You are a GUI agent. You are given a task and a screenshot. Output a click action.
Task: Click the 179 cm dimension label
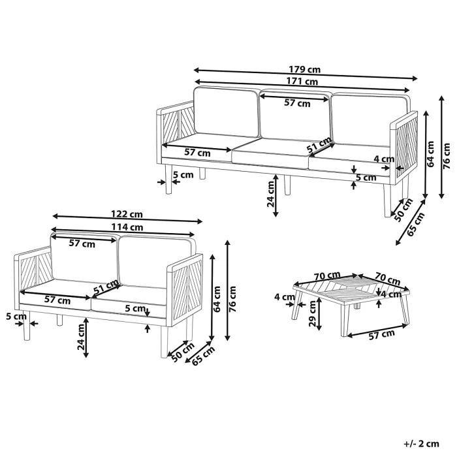[305, 70]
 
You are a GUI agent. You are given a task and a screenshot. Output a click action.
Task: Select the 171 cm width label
[302, 82]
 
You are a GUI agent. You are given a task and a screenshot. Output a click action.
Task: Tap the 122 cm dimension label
[127, 214]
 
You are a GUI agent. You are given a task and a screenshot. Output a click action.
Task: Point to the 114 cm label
[127, 227]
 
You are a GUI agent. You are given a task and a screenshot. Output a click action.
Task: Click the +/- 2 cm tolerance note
[421, 443]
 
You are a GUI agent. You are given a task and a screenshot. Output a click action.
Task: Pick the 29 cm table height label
[312, 313]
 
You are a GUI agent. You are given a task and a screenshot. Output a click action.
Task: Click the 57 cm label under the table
[382, 334]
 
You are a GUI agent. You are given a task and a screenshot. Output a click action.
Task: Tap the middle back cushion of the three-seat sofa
[294, 115]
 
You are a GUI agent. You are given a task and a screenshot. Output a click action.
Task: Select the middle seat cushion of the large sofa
[270, 153]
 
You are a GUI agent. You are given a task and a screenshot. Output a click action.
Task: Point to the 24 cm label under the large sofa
[271, 194]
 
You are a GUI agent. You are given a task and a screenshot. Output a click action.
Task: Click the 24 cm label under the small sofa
[81, 337]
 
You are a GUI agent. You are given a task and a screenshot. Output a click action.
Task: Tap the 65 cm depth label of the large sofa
[416, 225]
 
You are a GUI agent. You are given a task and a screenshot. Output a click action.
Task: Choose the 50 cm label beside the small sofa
[183, 353]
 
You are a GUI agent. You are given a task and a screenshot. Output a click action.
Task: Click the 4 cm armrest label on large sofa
[384, 159]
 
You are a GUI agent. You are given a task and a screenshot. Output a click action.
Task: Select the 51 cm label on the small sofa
[106, 287]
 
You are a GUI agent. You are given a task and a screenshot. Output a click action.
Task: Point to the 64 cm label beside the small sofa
[217, 299]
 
